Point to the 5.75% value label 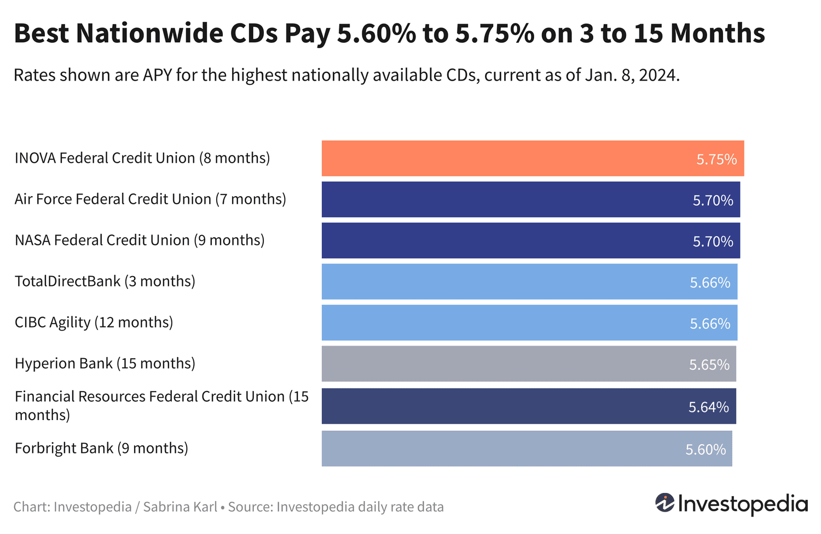pos(716,159)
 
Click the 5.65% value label pos(709,365)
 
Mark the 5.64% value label pos(708,407)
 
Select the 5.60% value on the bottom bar pos(706,450)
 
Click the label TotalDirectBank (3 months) pos(105,282)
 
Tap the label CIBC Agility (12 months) pos(94,323)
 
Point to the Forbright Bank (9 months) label pos(101,449)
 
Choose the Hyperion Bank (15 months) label pos(105,364)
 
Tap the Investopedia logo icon pos(665,503)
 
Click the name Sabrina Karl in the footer pos(180,507)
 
